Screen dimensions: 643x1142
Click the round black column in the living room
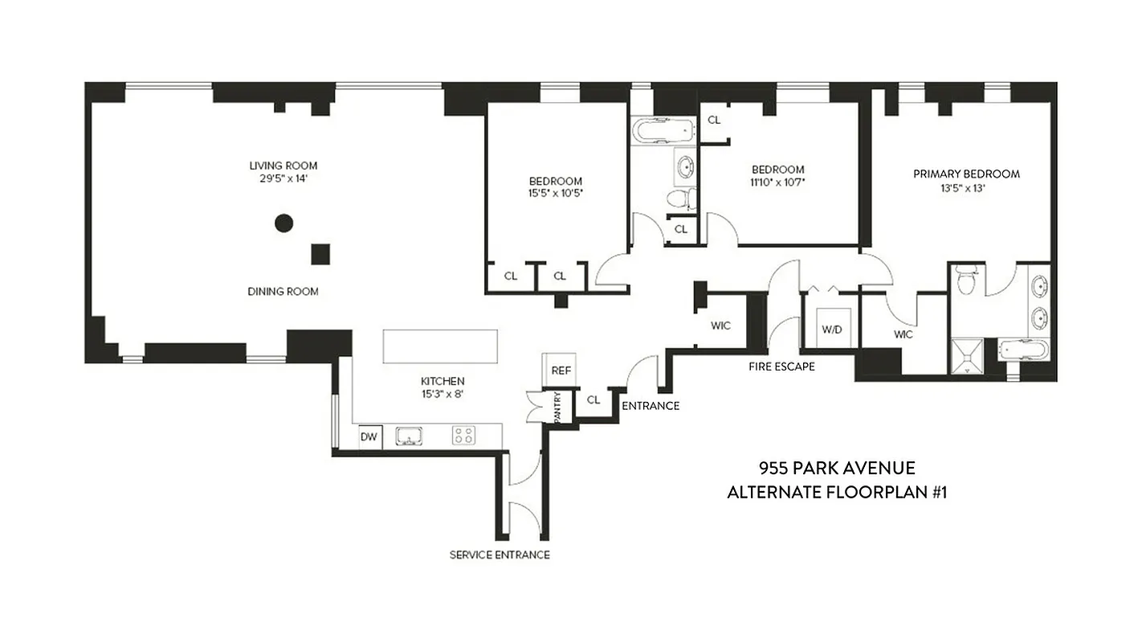(x=283, y=223)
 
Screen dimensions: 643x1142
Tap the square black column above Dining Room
(x=320, y=254)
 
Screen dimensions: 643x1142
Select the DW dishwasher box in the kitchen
(x=369, y=436)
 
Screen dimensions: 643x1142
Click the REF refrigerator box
(x=561, y=371)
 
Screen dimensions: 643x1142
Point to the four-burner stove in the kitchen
(x=463, y=436)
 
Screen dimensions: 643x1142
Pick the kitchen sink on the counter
(x=410, y=436)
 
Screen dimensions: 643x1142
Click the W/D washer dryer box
(x=830, y=330)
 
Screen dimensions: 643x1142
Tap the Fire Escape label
(x=781, y=367)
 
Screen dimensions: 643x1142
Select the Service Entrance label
(x=500, y=555)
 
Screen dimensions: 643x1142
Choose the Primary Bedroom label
(x=966, y=174)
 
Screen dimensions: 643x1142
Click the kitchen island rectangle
(x=439, y=346)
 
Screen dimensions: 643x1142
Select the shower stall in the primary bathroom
(x=971, y=356)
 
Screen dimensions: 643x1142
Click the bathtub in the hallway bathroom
(x=663, y=130)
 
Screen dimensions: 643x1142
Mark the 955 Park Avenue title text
(x=836, y=469)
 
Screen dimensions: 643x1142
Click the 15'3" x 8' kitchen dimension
(x=443, y=394)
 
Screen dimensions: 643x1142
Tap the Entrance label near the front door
(x=651, y=406)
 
